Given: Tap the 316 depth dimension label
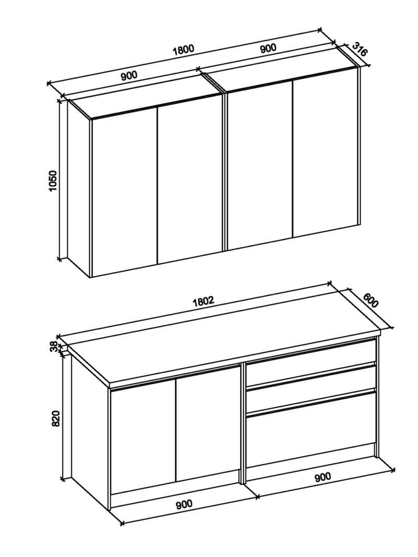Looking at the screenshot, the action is pyautogui.click(x=359, y=50).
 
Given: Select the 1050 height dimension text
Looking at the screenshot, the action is pyautogui.click(x=53, y=181).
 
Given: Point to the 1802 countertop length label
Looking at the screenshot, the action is pyautogui.click(x=203, y=301).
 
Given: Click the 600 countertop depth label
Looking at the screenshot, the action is pyautogui.click(x=371, y=300).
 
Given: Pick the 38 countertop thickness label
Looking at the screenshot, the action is pyautogui.click(x=53, y=346).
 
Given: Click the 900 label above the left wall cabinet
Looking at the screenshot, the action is pyautogui.click(x=129, y=76).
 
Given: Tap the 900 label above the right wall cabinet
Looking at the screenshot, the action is pyautogui.click(x=268, y=48).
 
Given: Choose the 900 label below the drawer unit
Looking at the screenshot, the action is pyautogui.click(x=322, y=477).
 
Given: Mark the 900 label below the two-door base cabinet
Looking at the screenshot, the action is pyautogui.click(x=184, y=504).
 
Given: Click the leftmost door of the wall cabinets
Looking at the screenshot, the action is pyautogui.click(x=124, y=192).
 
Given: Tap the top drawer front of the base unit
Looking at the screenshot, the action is pyautogui.click(x=311, y=362).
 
